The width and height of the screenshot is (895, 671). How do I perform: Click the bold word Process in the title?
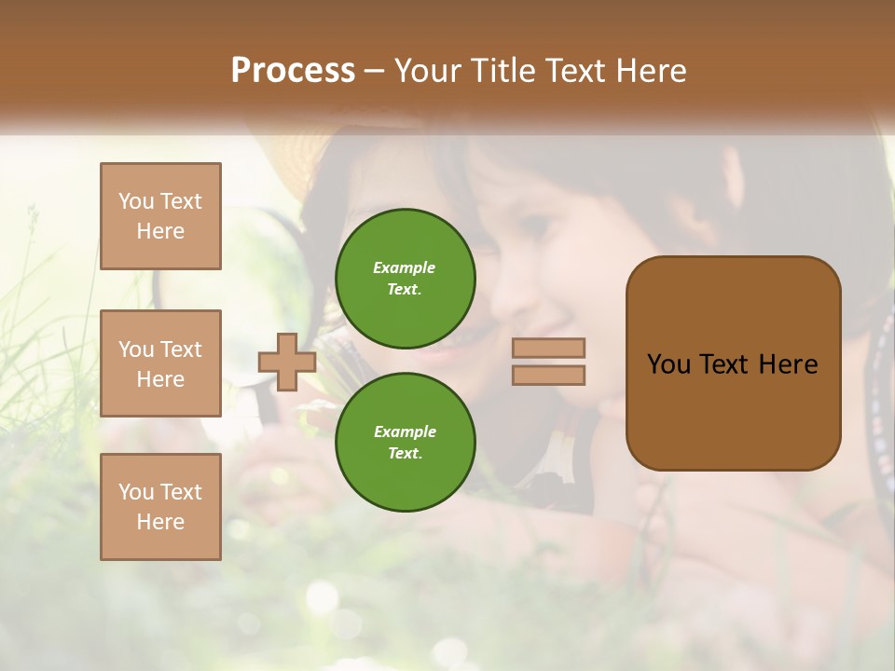click(293, 71)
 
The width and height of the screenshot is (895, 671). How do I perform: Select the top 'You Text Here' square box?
click(160, 216)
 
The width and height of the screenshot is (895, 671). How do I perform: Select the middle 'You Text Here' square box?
click(160, 363)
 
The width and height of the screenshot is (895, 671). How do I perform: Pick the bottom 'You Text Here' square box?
click(160, 507)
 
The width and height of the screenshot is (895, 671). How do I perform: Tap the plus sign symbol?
click(286, 362)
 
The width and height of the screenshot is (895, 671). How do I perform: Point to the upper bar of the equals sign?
click(548, 348)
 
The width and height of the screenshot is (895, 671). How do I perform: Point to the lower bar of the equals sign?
click(548, 376)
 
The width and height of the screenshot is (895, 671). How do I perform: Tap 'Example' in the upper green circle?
click(405, 267)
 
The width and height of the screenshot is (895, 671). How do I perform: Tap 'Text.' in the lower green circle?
click(405, 454)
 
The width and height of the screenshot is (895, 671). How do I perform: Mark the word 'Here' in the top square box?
click(160, 231)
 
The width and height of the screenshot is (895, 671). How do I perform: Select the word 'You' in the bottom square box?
click(136, 492)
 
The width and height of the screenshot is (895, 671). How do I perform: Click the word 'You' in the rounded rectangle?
click(668, 364)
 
